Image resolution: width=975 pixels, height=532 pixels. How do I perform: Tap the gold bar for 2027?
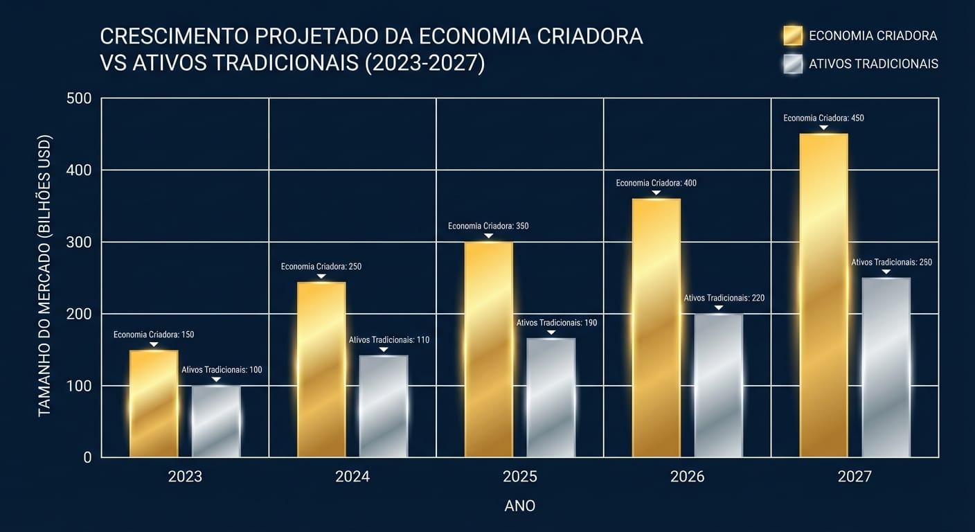(823, 295)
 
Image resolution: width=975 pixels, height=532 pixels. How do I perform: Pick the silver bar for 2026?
(718, 385)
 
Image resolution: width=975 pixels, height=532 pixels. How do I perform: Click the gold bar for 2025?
(488, 349)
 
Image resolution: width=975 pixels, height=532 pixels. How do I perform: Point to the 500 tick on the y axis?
(79, 98)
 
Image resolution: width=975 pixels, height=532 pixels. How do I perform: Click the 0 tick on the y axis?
(87, 457)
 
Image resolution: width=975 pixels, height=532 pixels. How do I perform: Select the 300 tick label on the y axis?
(79, 242)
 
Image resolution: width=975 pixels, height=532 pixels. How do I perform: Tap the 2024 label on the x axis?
(352, 477)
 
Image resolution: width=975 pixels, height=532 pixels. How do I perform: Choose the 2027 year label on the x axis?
(855, 477)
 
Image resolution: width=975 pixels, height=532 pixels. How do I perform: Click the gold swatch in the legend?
(792, 35)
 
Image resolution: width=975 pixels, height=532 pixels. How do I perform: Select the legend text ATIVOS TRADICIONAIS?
(873, 64)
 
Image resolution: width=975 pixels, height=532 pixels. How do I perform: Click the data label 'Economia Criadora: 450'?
(823, 118)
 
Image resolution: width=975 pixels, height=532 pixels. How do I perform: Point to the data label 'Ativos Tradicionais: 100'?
(222, 370)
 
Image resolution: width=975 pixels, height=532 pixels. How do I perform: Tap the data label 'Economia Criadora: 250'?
(321, 267)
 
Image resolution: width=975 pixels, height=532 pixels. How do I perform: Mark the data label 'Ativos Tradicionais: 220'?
(724, 298)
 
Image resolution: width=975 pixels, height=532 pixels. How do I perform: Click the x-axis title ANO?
(519, 506)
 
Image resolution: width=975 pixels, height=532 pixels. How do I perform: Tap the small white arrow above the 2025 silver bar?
(551, 332)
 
